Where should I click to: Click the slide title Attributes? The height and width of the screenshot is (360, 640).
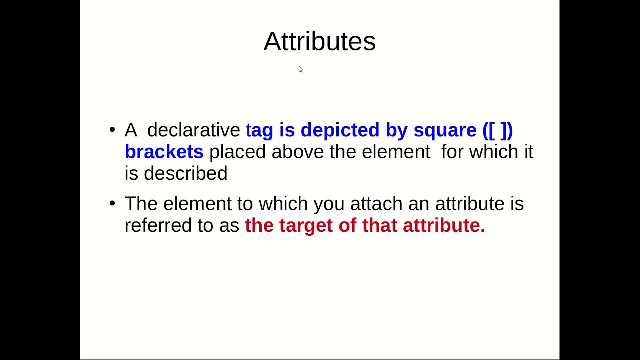(x=319, y=41)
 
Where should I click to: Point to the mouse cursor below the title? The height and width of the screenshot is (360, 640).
(x=300, y=69)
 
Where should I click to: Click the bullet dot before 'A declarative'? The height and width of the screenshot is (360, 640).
(x=112, y=130)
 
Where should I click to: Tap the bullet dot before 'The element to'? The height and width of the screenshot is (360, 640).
(x=112, y=204)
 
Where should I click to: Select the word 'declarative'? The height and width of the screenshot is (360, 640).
(x=194, y=130)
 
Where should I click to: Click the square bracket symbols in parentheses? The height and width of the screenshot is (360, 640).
(x=498, y=130)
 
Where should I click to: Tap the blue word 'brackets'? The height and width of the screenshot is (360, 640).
(x=164, y=152)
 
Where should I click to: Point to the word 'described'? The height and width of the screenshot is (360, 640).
(x=185, y=173)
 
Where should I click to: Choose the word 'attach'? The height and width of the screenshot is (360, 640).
(x=376, y=204)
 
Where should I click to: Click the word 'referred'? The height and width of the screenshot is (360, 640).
(x=158, y=225)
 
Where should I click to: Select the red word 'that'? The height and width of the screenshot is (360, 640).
(x=380, y=225)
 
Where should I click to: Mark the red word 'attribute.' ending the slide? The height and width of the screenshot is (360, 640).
(x=444, y=225)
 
